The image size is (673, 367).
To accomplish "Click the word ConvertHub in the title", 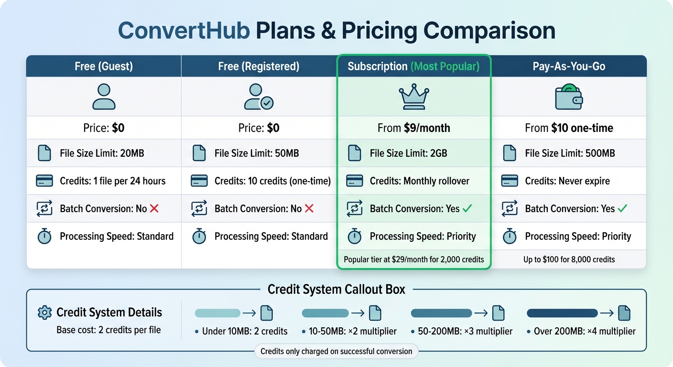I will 184,31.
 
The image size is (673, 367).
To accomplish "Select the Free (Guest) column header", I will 104,66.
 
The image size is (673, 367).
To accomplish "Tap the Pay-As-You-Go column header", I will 569,66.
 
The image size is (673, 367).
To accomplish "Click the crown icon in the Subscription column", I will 414,97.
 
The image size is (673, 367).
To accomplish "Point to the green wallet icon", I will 569,97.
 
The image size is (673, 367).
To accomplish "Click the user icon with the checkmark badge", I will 259,97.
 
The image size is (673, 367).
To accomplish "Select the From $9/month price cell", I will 414,128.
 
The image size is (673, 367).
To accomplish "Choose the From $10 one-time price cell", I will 569,128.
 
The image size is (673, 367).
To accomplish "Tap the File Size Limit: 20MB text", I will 102,153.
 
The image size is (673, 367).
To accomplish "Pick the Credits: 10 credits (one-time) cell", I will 272,181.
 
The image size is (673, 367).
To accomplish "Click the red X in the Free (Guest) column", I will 154,208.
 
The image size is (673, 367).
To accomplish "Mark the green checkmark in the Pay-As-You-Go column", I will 622,208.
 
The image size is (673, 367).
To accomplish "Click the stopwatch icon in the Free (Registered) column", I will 199,236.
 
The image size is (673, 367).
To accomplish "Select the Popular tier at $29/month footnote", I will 414,260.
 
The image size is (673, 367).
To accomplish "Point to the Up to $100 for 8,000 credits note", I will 569,260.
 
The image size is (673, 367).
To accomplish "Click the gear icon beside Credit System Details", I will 44,313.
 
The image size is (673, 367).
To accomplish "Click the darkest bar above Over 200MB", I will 562,313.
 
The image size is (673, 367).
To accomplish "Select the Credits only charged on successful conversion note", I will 336,352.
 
